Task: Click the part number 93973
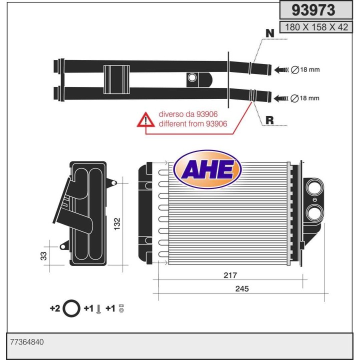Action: click(x=313, y=10)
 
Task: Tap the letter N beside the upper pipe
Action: click(x=269, y=33)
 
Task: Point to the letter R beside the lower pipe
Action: click(x=269, y=120)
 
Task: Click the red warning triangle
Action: click(x=146, y=119)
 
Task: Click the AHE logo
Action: click(x=207, y=170)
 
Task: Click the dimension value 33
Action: click(x=44, y=256)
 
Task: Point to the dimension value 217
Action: click(x=230, y=275)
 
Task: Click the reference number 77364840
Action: click(x=27, y=342)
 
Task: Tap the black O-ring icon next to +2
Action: click(x=72, y=308)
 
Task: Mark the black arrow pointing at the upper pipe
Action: click(x=280, y=69)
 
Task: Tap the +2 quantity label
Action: click(x=55, y=308)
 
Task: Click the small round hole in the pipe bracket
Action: click(x=192, y=77)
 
